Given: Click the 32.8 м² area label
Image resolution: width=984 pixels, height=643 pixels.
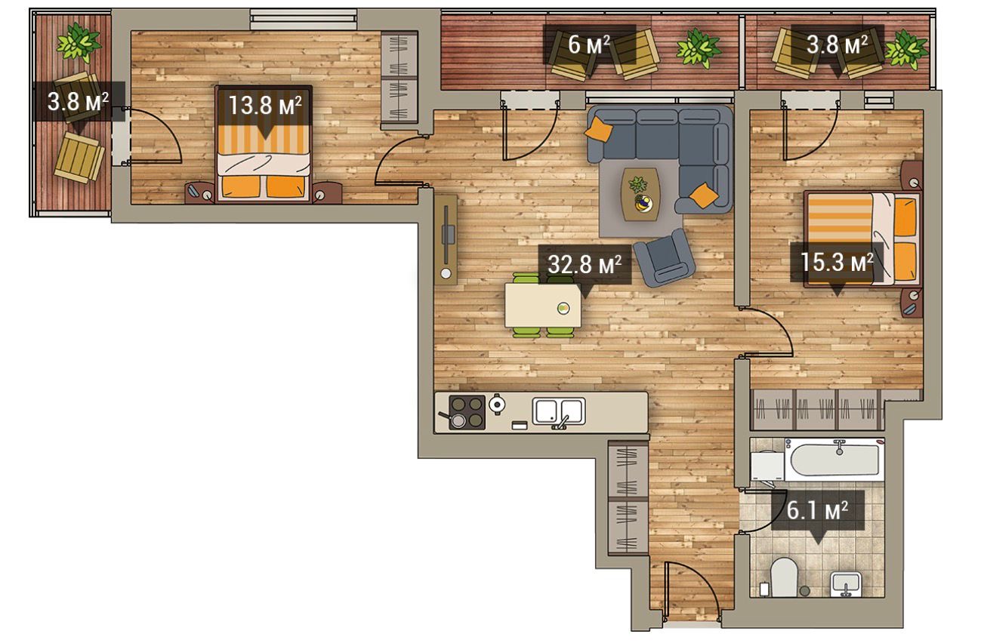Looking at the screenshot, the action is point(585,265).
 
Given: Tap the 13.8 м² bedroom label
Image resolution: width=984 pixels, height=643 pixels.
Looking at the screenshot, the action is point(265,106).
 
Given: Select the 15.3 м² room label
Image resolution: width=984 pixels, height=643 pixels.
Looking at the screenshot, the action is point(837,262).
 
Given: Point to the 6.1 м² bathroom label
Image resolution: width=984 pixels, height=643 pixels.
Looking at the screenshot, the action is point(817,510).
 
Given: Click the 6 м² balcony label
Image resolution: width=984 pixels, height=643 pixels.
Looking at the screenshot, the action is point(588,45).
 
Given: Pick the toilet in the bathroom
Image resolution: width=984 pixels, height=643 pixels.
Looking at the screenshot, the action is point(784,577).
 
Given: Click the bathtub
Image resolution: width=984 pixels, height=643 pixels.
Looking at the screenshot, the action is point(834,460).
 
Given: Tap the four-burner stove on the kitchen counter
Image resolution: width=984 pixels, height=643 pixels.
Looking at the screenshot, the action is point(467,412).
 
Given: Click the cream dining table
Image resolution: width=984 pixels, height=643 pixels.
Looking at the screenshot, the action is point(542,306).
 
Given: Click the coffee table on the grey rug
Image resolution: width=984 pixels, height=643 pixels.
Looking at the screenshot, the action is point(640,194).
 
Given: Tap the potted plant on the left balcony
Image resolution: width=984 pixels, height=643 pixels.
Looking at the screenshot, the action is point(79,42).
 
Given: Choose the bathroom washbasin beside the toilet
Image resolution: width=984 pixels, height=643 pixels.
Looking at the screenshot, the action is point(846,585).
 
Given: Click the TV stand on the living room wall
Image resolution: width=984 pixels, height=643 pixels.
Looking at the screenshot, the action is point(446,240).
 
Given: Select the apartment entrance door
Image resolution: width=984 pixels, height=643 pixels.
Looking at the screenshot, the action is point(692,590).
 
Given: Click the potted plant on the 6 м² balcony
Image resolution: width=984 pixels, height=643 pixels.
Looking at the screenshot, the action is point(699,48).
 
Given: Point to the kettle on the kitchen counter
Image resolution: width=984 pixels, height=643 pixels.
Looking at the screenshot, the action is point(497,404).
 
